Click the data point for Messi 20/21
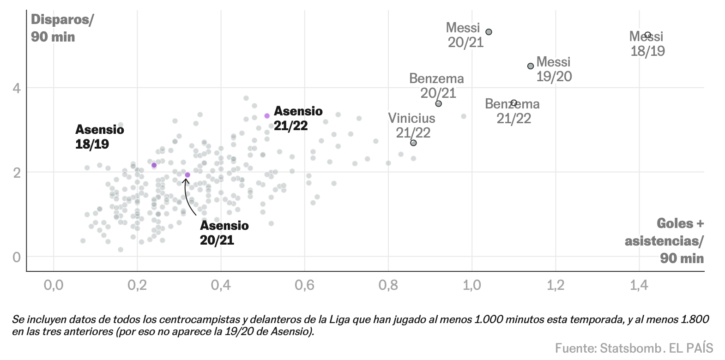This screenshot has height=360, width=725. tap(489, 32)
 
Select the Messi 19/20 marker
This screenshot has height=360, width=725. tap(531, 66)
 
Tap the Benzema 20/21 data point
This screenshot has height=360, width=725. tap(439, 103)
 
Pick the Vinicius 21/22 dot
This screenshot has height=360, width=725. tap(413, 143)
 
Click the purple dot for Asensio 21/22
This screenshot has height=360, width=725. tap(267, 116)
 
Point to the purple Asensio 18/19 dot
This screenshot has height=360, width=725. tap(154, 165)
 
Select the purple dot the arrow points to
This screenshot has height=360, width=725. tap(187, 175)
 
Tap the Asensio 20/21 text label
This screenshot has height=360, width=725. tap(224, 233)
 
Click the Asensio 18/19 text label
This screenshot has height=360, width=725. tap(99, 137)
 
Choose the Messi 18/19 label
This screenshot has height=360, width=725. tap(647, 44)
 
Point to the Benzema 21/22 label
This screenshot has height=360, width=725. tap(513, 111)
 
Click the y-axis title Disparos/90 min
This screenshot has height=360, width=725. tap(61, 28)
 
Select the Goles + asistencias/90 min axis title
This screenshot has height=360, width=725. tap(665, 240)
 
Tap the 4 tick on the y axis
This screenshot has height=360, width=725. tap(17, 88)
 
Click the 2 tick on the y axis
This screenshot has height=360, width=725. tap(17, 172)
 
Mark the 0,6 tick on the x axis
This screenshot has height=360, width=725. tap(304, 285)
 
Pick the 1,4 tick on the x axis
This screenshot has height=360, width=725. tap(639, 285)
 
